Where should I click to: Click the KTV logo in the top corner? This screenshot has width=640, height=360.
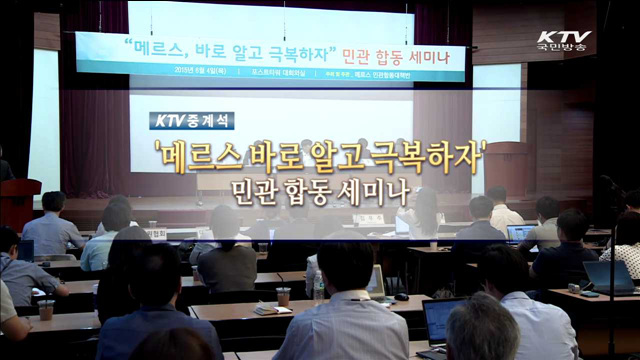pyautogui.click(x=564, y=37)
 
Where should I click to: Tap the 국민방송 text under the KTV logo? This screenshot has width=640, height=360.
pyautogui.click(x=564, y=52)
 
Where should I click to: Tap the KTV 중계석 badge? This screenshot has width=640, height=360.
pyautogui.click(x=194, y=120)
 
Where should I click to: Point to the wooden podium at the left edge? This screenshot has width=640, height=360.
pyautogui.click(x=18, y=200)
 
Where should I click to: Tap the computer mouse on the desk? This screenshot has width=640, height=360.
pyautogui.click(x=401, y=296)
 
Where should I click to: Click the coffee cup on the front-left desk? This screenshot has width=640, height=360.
pyautogui.click(x=46, y=309)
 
